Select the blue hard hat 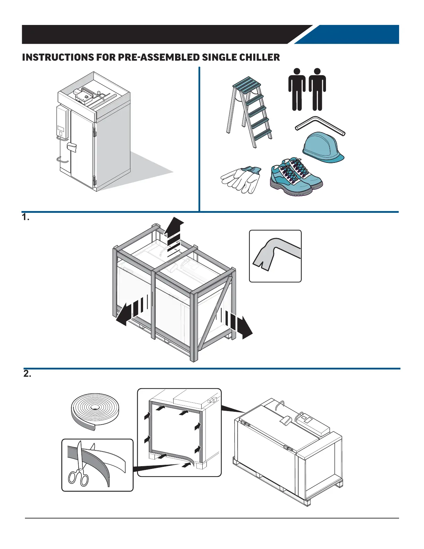click(323, 148)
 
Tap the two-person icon click(307, 89)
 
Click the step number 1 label click(26, 217)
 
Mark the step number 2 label click(27, 374)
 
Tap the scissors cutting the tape click(79, 466)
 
